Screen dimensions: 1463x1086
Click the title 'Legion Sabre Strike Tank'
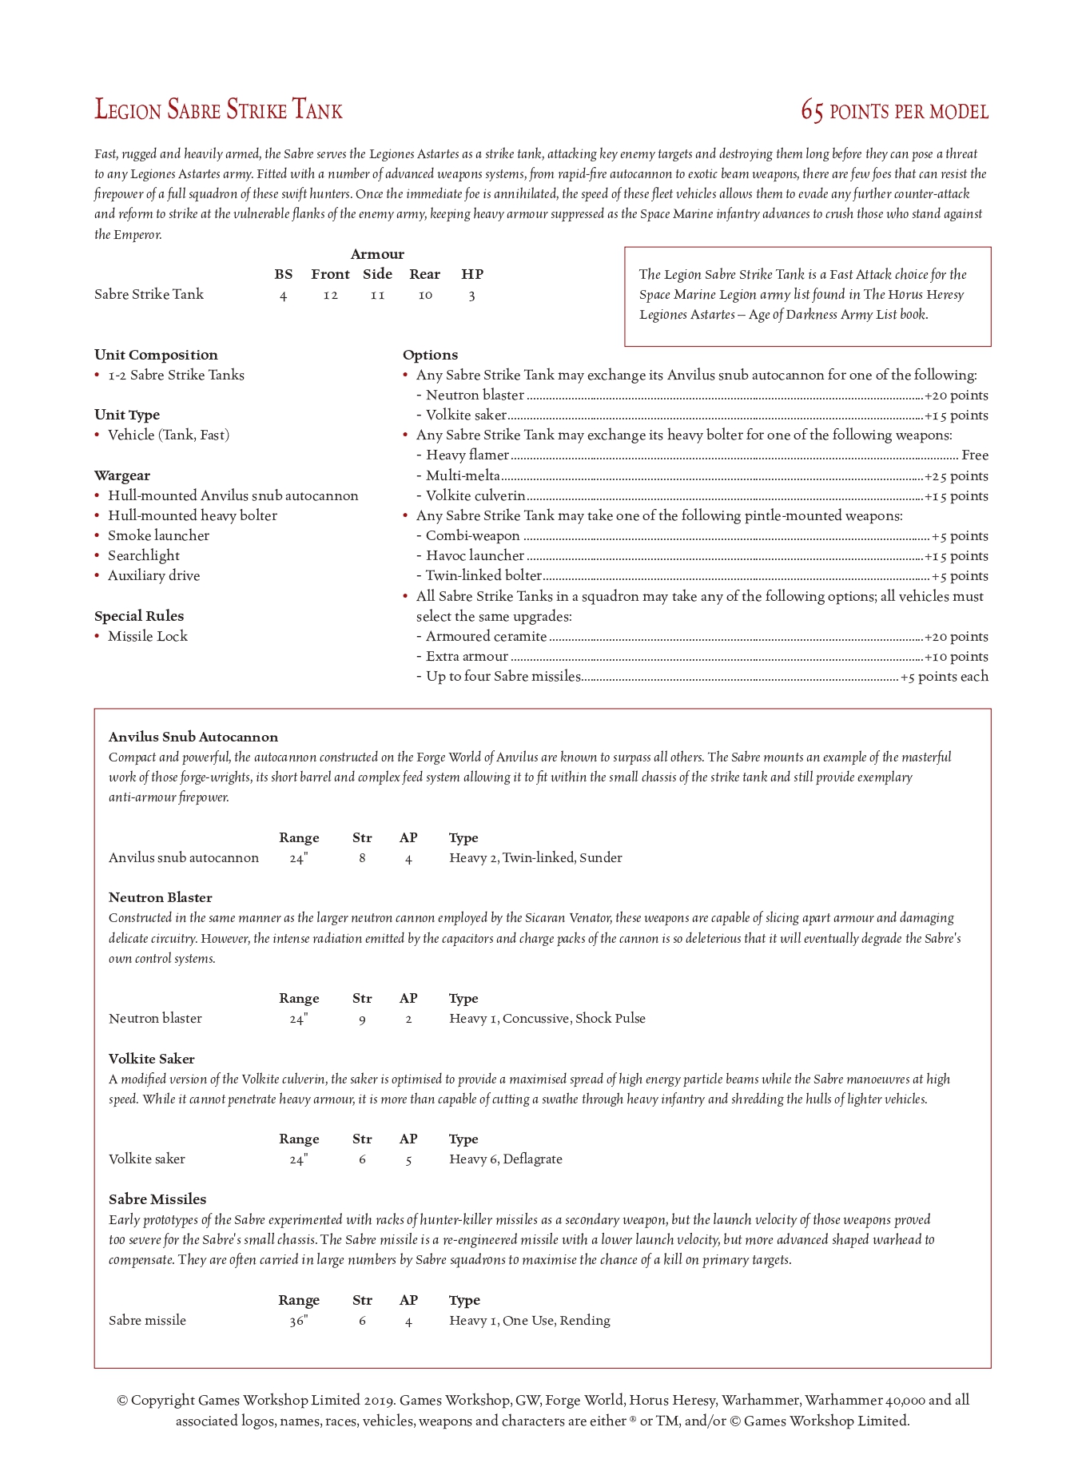click(x=218, y=110)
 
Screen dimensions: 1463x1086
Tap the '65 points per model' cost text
click(x=894, y=112)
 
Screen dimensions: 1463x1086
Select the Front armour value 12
click(x=330, y=296)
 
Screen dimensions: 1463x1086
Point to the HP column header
click(x=472, y=274)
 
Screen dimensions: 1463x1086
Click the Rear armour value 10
click(x=425, y=296)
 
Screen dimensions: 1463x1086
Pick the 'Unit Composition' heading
click(x=156, y=355)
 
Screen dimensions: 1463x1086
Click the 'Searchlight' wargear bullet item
click(x=144, y=555)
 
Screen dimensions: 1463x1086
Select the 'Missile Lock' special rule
click(x=148, y=636)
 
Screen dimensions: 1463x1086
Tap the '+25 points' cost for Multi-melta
click(x=956, y=476)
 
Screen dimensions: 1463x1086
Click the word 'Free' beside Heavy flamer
click(x=974, y=455)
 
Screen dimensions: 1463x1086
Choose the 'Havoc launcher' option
click(x=475, y=556)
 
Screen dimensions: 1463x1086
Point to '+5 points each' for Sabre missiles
click(x=944, y=677)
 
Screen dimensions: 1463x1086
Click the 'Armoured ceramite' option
click(x=486, y=637)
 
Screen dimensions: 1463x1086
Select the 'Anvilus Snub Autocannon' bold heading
click(x=193, y=737)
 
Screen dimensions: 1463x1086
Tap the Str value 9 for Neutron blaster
click(x=362, y=1019)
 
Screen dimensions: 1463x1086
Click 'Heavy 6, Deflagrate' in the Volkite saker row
click(x=505, y=1159)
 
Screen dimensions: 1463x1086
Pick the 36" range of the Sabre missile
click(x=298, y=1321)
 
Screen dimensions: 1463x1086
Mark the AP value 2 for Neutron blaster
click(x=408, y=1019)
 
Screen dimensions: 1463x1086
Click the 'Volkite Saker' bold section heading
click(x=152, y=1059)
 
